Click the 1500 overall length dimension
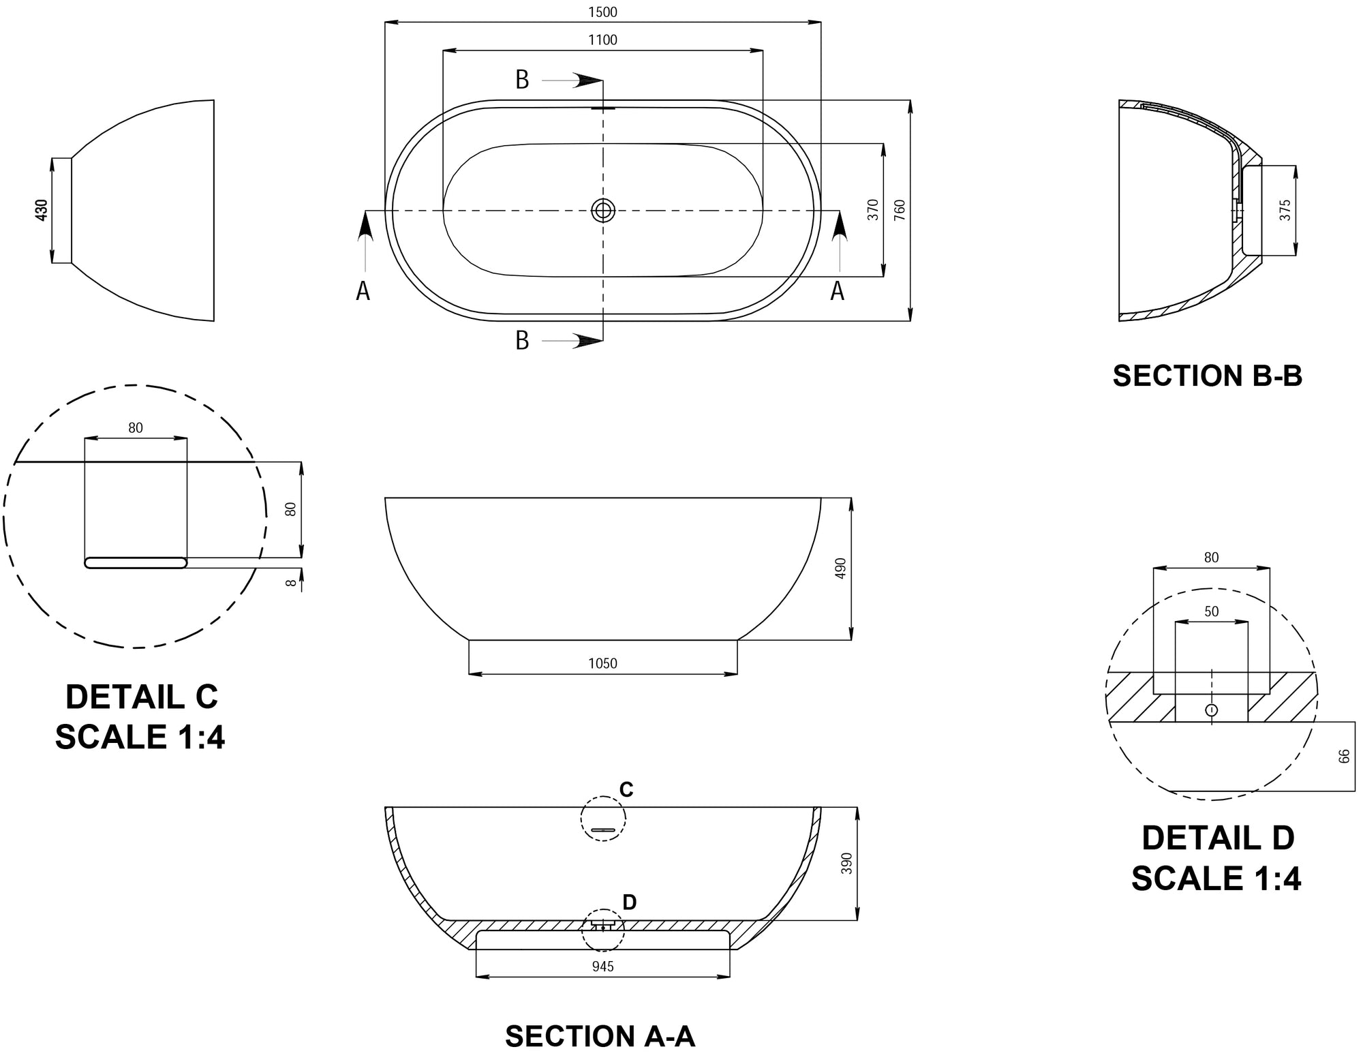(x=602, y=12)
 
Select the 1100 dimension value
(x=602, y=40)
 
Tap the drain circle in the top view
(x=603, y=211)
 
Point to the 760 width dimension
(x=899, y=209)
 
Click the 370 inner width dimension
(x=873, y=209)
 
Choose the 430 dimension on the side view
(x=42, y=210)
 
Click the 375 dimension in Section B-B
(x=1285, y=210)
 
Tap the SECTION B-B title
(x=1207, y=376)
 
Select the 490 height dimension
(x=840, y=568)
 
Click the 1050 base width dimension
(x=602, y=663)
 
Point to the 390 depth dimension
(x=846, y=864)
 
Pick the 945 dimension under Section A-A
(x=602, y=967)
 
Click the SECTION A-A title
(x=600, y=1036)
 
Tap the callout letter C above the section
(x=626, y=789)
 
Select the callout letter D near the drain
(x=629, y=902)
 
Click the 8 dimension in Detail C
(x=291, y=583)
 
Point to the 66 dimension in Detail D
(x=1344, y=756)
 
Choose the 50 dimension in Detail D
(x=1211, y=611)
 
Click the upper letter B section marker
(x=522, y=80)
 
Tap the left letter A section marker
(x=363, y=292)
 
